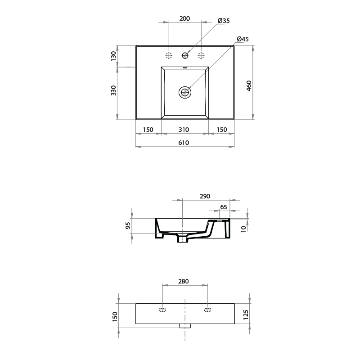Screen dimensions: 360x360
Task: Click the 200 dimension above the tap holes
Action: point(184,19)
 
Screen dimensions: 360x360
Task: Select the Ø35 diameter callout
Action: point(223,21)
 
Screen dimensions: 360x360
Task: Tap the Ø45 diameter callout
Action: point(243,39)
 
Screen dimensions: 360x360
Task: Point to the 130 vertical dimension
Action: point(114,56)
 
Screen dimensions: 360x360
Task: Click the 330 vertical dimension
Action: point(114,90)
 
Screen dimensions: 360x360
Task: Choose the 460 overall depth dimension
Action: point(249,85)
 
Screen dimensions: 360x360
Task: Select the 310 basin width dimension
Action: point(184,130)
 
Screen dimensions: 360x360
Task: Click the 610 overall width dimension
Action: point(184,143)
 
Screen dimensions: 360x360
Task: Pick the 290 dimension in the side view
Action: point(205,196)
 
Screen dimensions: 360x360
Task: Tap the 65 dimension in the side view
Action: point(224,207)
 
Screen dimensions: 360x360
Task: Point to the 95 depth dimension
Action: point(128,225)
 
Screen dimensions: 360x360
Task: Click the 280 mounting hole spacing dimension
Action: point(184,281)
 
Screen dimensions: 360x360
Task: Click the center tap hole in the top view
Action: point(185,55)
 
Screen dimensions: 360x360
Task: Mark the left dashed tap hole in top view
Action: point(169,55)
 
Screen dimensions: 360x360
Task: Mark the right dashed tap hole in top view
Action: point(201,55)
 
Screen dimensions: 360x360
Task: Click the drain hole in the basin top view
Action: point(185,92)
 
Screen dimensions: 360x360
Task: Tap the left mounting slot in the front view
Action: point(162,310)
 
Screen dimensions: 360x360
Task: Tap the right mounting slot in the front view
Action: point(207,310)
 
